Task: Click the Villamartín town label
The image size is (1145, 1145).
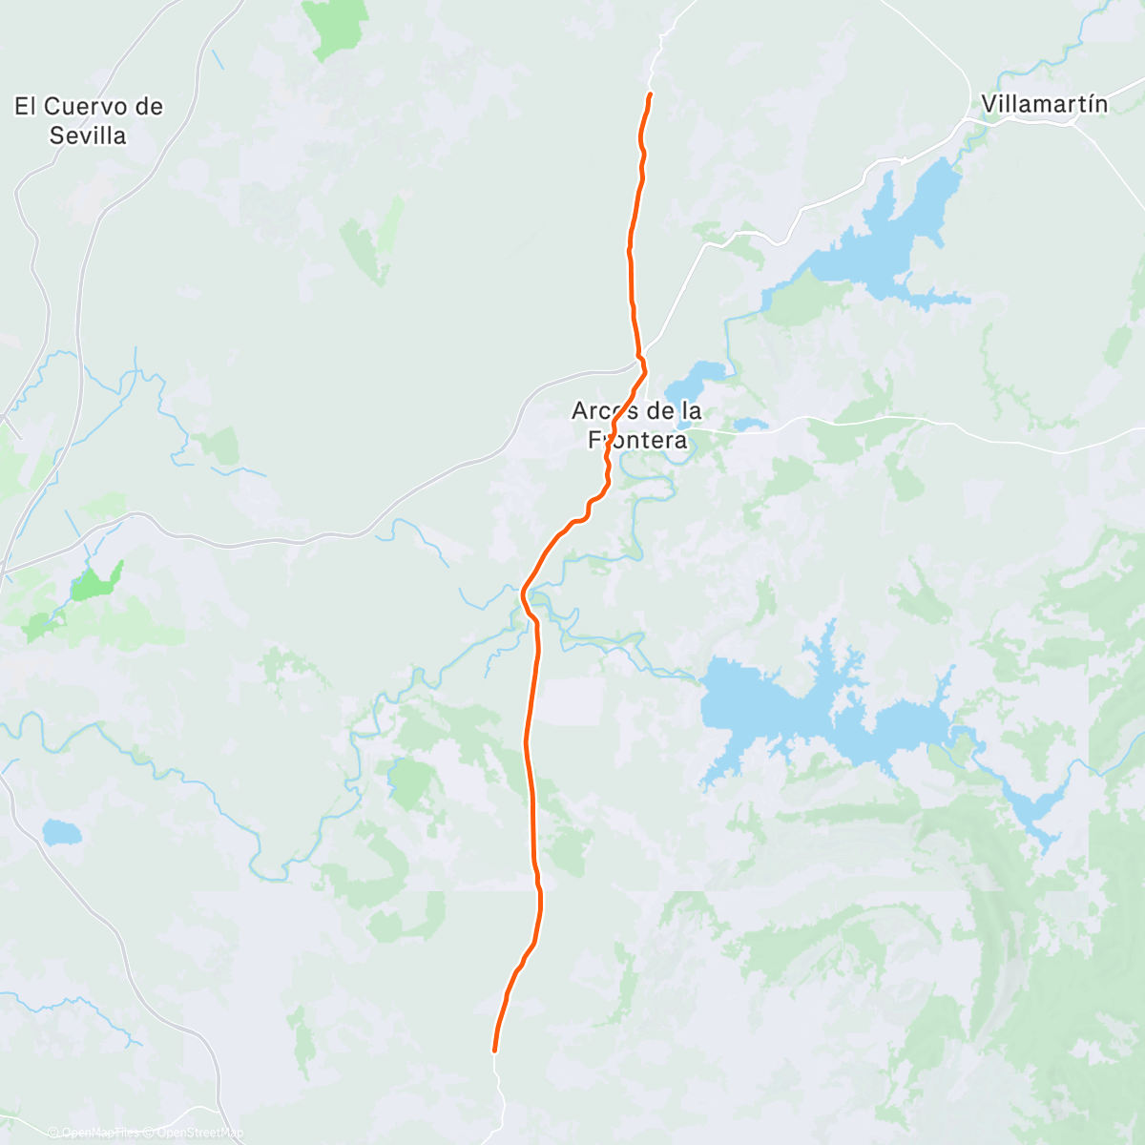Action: [1044, 104]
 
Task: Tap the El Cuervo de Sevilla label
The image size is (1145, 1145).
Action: [89, 120]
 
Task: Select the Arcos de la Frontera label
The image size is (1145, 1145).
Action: [636, 425]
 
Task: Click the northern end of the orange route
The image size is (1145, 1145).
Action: [650, 94]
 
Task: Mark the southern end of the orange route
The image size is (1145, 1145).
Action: [494, 1051]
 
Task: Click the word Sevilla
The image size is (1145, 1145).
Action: [88, 135]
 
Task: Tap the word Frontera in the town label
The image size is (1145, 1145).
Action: [637, 440]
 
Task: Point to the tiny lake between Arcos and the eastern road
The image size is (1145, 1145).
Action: [751, 424]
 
